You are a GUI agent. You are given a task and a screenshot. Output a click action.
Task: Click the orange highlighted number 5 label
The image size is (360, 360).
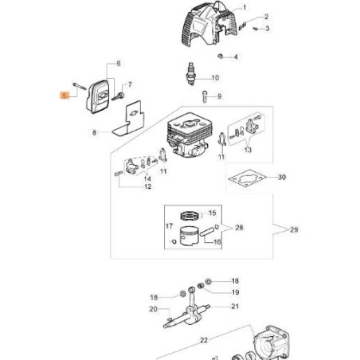(65, 94)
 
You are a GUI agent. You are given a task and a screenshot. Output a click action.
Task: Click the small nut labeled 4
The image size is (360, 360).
(217, 56)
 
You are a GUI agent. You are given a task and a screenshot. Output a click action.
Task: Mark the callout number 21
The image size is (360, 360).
(235, 306)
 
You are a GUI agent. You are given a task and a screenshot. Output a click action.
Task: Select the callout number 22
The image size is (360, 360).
(203, 339)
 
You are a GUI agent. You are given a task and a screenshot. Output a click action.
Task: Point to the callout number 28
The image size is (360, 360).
(238, 228)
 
